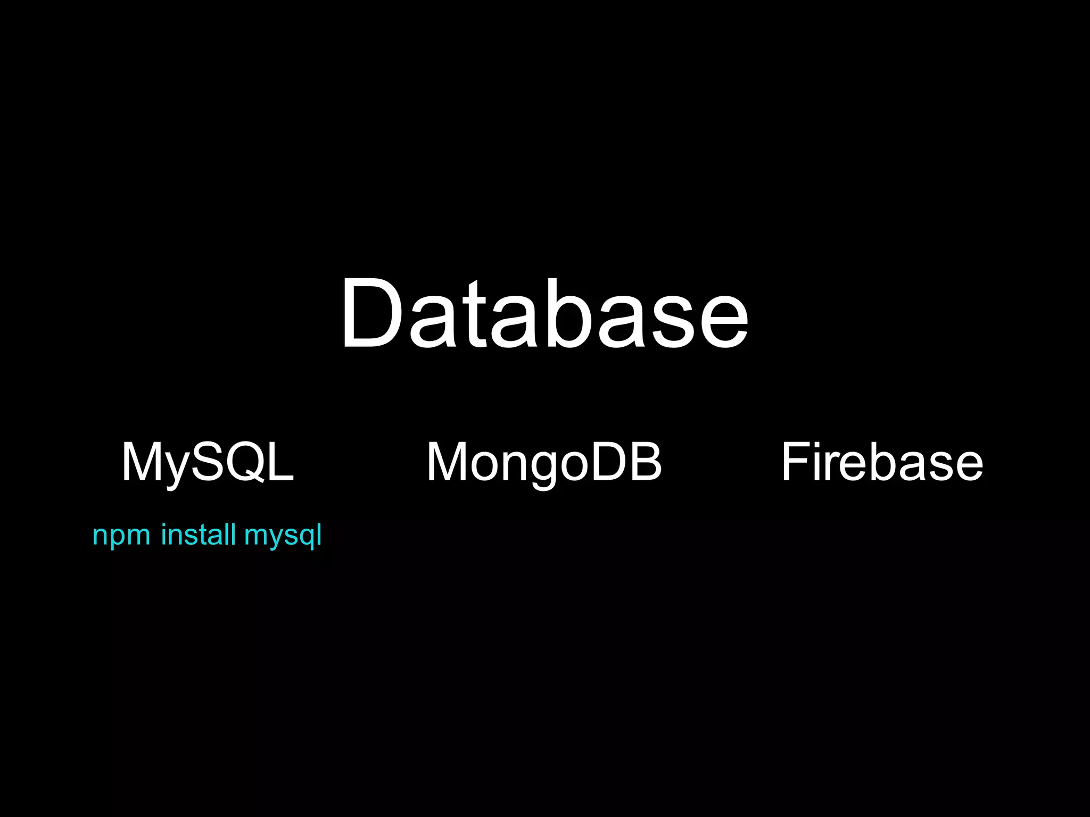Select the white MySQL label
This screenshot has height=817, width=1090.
[x=208, y=462]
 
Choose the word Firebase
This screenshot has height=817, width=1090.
[x=882, y=462]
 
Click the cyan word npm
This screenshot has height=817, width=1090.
[x=121, y=535]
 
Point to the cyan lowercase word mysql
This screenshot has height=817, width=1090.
[x=283, y=535]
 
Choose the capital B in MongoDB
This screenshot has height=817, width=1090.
[x=645, y=462]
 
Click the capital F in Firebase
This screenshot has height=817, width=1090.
[x=796, y=462]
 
